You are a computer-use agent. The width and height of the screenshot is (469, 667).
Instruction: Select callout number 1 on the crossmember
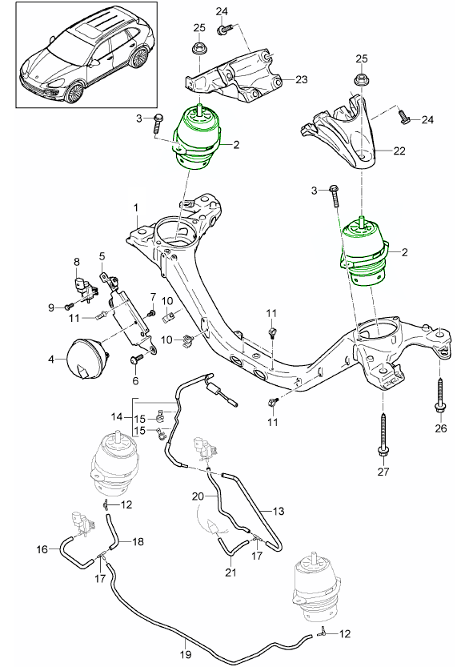coord(137,207)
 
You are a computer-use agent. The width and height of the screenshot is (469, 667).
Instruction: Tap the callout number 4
coord(51,360)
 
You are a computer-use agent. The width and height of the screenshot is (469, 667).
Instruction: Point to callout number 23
coord(300,79)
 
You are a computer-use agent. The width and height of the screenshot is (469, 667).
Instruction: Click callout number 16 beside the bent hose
coord(42,549)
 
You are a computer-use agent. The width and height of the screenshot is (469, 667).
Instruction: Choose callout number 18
coord(138,542)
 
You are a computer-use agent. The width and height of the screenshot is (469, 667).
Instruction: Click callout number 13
coord(278,510)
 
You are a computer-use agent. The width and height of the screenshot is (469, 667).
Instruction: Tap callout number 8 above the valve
coord(77,262)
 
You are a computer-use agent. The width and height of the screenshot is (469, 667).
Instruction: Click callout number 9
coord(51,307)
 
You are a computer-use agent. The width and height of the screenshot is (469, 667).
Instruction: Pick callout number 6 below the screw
coord(134,382)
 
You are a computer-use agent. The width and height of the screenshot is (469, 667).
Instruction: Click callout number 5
coord(102,256)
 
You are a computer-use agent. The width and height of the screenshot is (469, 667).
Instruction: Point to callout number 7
coord(152,297)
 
